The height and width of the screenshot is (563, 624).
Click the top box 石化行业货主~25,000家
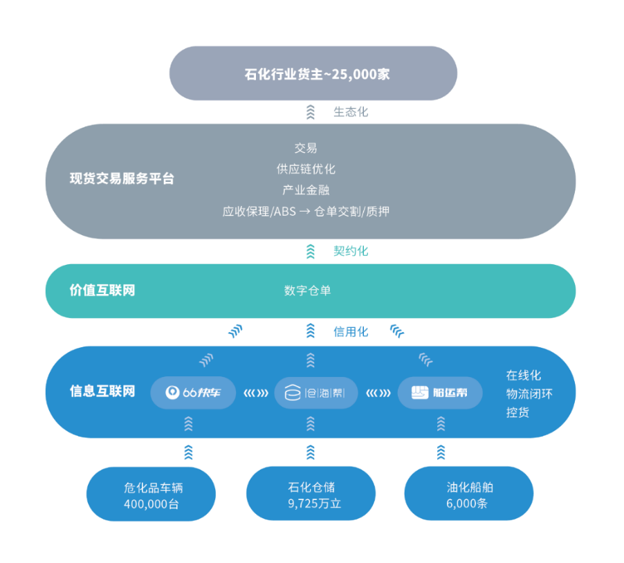pyautogui.click(x=313, y=73)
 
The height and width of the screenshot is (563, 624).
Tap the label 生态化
pyautogui.click(x=350, y=112)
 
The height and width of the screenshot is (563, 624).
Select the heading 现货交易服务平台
pyautogui.click(x=122, y=178)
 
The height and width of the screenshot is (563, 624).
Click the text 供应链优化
pyautogui.click(x=306, y=169)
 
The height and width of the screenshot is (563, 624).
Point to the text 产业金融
pyautogui.click(x=306, y=190)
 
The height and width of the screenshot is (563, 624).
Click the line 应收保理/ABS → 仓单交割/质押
pyautogui.click(x=306, y=212)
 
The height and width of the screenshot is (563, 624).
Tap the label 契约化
pyautogui.click(x=350, y=251)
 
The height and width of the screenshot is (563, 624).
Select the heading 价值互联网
pyautogui.click(x=102, y=290)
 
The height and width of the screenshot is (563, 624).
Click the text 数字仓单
pyautogui.click(x=307, y=290)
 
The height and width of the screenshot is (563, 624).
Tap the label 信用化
pyautogui.click(x=350, y=332)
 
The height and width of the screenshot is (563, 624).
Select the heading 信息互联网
pyautogui.click(x=102, y=391)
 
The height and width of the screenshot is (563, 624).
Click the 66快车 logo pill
pyautogui.click(x=193, y=393)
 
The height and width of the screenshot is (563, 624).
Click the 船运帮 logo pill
pyautogui.click(x=440, y=393)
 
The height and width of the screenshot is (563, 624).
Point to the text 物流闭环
pyautogui.click(x=529, y=394)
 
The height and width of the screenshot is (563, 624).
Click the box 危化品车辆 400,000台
pyautogui.click(x=151, y=495)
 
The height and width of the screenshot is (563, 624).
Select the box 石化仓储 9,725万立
pyautogui.click(x=311, y=495)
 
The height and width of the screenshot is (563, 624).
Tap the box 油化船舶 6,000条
pyautogui.click(x=468, y=495)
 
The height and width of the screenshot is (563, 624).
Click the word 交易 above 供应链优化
pyautogui.click(x=306, y=148)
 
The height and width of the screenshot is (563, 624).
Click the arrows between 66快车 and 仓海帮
pyautogui.click(x=255, y=394)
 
